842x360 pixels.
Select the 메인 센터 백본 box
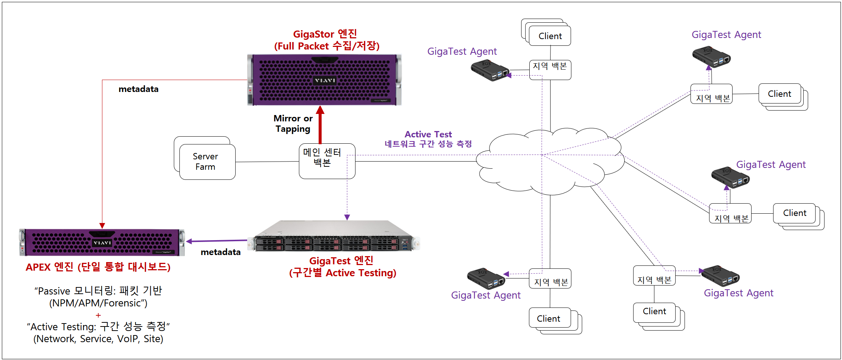tap(327, 161)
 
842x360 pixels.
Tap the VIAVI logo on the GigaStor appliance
tap(325, 80)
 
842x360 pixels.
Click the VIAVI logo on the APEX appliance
tap(102, 243)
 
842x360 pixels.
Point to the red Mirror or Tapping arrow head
tap(320, 110)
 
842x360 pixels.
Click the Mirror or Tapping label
tap(293, 124)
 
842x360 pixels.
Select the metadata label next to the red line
tap(138, 89)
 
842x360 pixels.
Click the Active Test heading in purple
tap(428, 134)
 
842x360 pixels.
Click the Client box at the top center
tap(550, 36)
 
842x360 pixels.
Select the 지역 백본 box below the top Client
tap(550, 70)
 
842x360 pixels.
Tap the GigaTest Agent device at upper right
tap(711, 57)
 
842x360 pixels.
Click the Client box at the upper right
tap(779, 94)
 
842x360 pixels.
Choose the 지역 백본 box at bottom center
tap(550, 278)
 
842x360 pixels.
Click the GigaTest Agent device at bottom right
tap(720, 276)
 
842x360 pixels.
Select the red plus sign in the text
tap(98, 315)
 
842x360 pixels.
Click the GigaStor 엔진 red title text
tap(325, 34)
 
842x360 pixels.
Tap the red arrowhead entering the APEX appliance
tap(102, 226)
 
